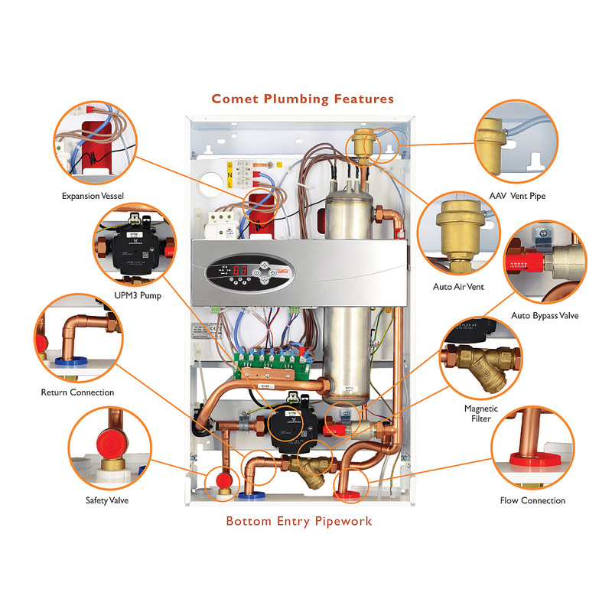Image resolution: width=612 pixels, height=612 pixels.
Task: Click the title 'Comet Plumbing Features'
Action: point(303,99)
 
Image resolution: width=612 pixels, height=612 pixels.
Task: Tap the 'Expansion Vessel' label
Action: point(93,196)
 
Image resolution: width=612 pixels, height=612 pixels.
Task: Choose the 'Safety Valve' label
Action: point(107,500)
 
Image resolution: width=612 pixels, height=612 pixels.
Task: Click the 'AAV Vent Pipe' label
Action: point(518,196)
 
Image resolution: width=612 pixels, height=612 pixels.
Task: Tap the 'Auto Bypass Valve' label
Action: point(545,315)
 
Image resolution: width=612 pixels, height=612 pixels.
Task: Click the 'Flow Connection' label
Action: point(532,500)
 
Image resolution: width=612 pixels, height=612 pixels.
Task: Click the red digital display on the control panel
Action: point(239,271)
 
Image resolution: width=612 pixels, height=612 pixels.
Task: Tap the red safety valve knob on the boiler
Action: point(223,480)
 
